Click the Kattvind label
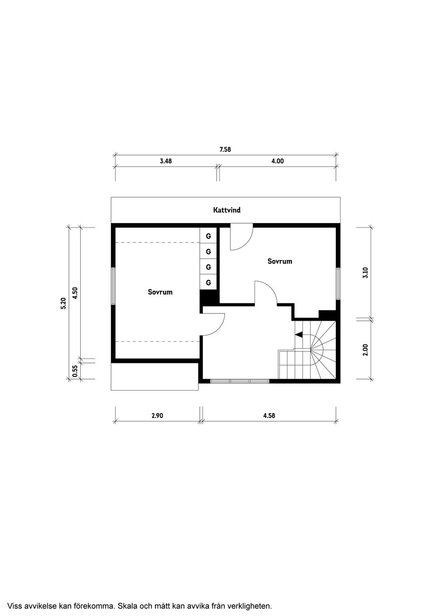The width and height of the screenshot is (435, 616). (227, 210)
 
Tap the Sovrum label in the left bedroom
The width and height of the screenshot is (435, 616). (160, 292)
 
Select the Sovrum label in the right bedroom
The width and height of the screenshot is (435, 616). (280, 261)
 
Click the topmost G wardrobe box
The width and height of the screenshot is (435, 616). (208, 236)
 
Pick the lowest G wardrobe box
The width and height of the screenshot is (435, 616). (208, 283)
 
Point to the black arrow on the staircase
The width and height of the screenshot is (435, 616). (299, 334)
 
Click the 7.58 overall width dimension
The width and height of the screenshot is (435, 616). (225, 149)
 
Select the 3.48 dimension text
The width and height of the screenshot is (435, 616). (166, 161)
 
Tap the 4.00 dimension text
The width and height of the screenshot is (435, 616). (277, 161)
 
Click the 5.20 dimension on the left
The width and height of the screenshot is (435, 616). (63, 303)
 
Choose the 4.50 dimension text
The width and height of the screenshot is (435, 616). (76, 293)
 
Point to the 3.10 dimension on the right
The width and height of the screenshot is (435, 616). (366, 273)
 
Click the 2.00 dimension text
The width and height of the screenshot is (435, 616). (366, 349)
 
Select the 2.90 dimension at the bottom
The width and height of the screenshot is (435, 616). (157, 416)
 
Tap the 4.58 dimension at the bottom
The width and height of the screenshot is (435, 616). (269, 416)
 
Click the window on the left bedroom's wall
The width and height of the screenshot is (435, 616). (113, 286)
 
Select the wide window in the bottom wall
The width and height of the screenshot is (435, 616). (240, 381)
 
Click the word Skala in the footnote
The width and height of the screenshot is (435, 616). (127, 606)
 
